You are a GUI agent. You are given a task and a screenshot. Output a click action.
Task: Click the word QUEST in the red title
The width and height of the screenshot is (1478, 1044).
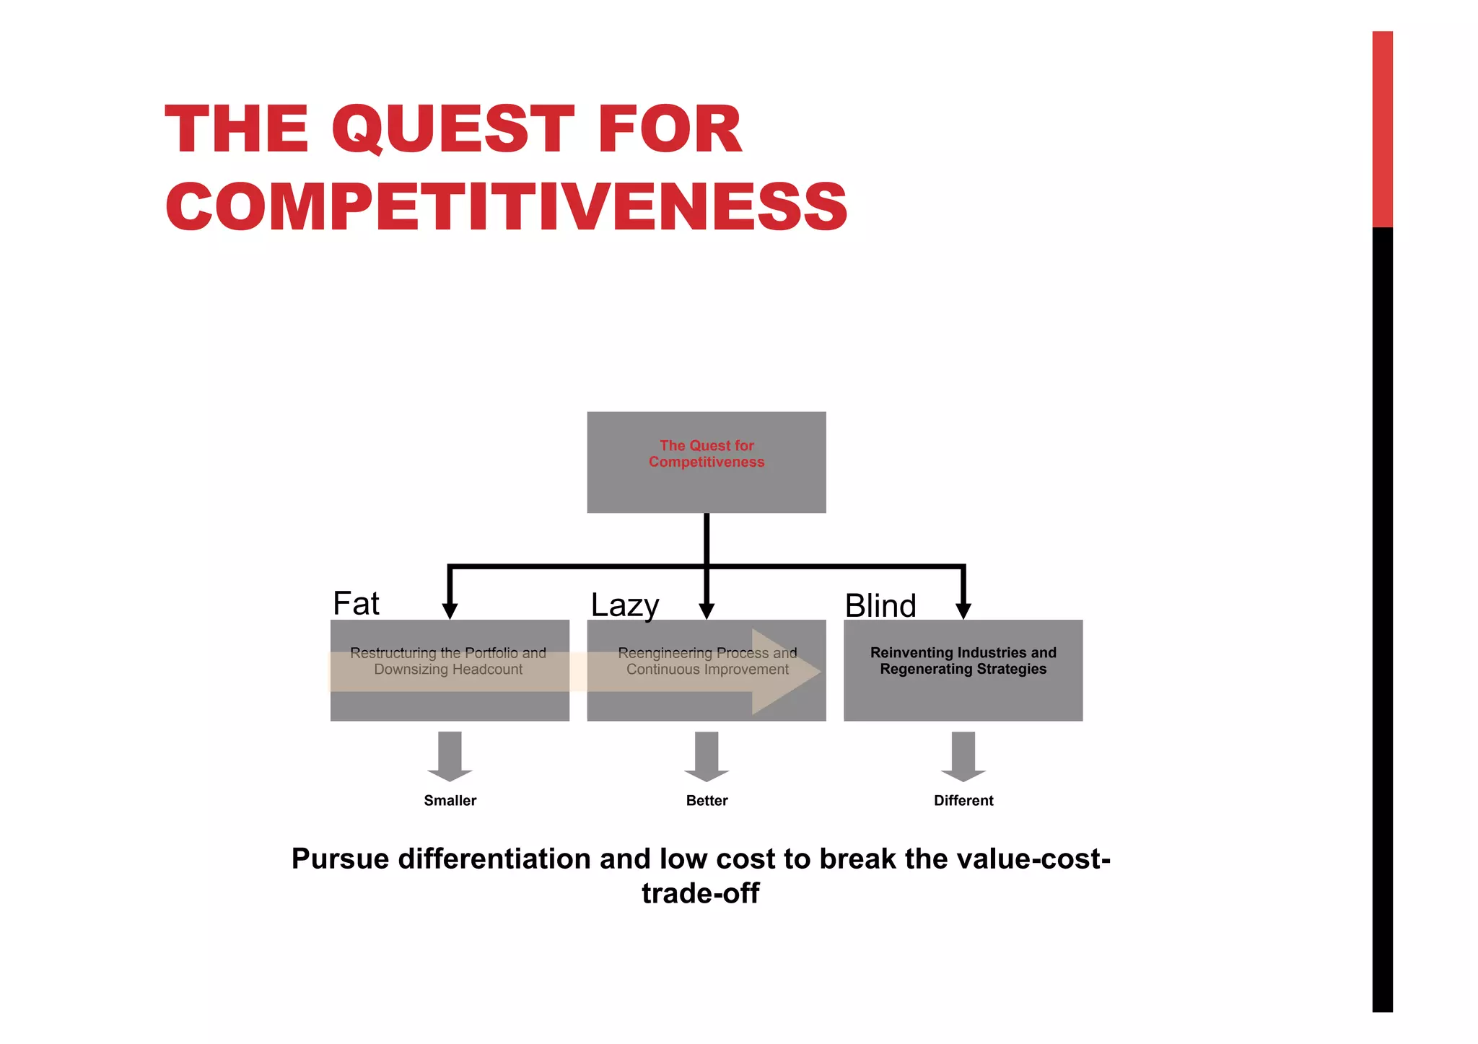pos(452,130)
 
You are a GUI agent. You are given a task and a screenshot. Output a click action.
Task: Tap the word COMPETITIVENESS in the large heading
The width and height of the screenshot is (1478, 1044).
pos(507,207)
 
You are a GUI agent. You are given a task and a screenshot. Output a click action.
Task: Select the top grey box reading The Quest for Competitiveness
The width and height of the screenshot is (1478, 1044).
pos(706,462)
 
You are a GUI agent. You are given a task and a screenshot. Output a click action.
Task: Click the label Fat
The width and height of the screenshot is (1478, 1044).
pos(356,603)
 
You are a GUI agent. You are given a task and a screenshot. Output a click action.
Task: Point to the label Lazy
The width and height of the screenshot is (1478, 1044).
pos(624,605)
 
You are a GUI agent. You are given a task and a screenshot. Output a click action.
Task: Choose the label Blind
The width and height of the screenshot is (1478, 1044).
pos(880,605)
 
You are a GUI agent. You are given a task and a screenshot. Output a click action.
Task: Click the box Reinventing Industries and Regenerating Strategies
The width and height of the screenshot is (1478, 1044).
pos(963,670)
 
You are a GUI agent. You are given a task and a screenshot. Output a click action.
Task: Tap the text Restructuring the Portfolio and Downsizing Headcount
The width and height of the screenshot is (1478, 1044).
pos(448,661)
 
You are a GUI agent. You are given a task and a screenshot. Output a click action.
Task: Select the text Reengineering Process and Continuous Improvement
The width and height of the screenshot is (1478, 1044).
pos(707,661)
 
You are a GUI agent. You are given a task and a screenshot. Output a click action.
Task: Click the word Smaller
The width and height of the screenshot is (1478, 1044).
pos(450,800)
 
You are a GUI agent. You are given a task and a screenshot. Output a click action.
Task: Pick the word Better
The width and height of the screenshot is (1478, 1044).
pos(707,800)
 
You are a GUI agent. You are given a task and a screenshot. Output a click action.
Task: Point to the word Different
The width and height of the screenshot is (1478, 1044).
pos(963,800)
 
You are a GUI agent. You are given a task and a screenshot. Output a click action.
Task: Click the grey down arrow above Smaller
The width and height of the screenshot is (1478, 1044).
pos(450,756)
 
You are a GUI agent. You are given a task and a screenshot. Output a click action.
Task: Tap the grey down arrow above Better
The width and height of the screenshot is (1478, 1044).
pos(707,756)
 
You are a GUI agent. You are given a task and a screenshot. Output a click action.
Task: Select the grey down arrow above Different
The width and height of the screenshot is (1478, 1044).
pos(963,756)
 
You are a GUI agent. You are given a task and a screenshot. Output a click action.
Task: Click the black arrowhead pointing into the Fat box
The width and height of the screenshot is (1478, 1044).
pos(450,610)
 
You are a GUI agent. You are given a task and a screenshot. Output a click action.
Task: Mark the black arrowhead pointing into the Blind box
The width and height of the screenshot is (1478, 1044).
pos(963,610)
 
